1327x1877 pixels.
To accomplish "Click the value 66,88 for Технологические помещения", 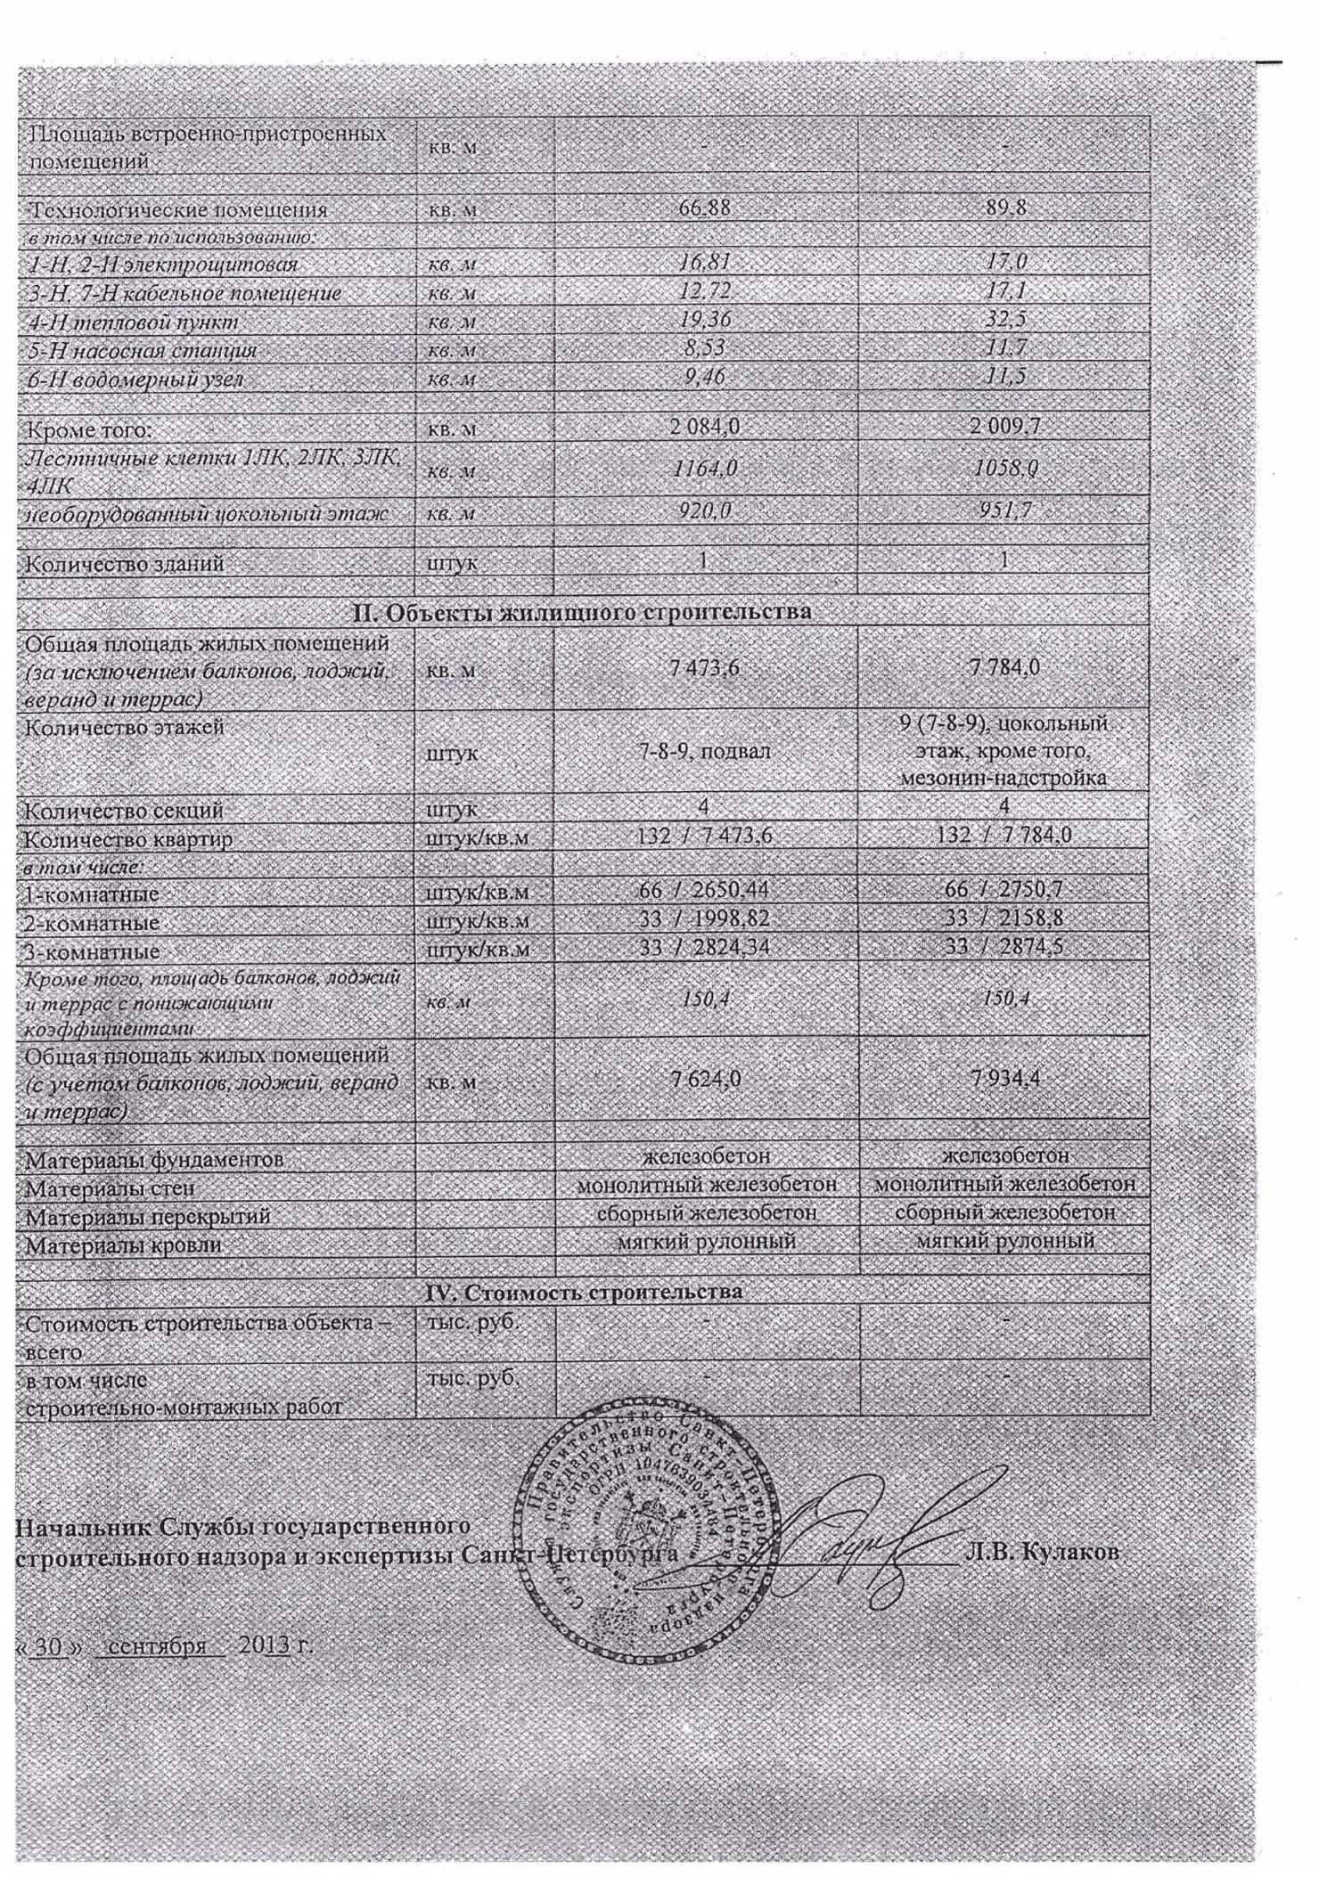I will click(x=705, y=211).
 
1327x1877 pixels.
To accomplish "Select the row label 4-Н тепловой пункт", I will click(x=135, y=322).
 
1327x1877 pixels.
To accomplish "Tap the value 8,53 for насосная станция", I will click(x=705, y=350).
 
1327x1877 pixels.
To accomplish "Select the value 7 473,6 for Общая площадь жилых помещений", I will click(x=705, y=667).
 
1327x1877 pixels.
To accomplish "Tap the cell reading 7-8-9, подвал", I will click(x=705, y=753).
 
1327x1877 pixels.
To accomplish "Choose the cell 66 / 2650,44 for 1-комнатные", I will click(x=705, y=890).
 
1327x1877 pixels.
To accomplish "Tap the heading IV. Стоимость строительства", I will click(x=581, y=1291).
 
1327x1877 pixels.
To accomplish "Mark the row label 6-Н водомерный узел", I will click(x=135, y=379).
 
